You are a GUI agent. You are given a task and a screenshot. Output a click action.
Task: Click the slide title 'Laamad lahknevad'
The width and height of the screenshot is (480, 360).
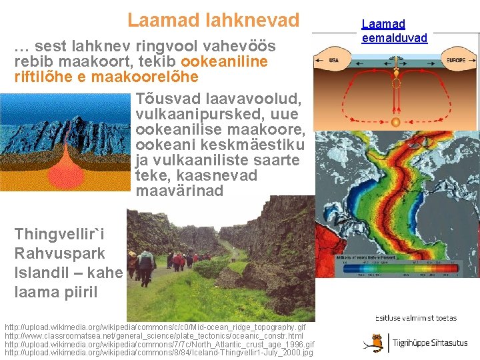tap(213, 20)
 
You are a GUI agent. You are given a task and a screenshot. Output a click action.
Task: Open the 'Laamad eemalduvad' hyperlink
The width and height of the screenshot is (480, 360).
tap(394, 31)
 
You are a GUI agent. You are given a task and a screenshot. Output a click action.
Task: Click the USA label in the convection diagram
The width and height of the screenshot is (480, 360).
tap(334, 60)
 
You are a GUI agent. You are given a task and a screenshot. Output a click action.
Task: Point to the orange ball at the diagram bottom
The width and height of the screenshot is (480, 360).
tap(395, 122)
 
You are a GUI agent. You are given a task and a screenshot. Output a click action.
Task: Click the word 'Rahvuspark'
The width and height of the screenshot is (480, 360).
tap(59, 253)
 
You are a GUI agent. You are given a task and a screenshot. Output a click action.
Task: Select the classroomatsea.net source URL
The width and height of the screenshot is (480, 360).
tap(154, 336)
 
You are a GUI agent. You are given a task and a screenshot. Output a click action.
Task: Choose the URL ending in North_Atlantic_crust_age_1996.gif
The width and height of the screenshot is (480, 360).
tap(159, 344)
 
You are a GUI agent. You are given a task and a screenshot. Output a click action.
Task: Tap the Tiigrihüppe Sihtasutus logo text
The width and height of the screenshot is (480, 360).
tap(430, 343)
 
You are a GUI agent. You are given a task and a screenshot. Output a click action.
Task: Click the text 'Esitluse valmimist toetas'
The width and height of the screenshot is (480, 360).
tap(417, 318)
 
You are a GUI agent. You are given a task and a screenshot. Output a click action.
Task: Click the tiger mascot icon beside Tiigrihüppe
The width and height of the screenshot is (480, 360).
tap(376, 343)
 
